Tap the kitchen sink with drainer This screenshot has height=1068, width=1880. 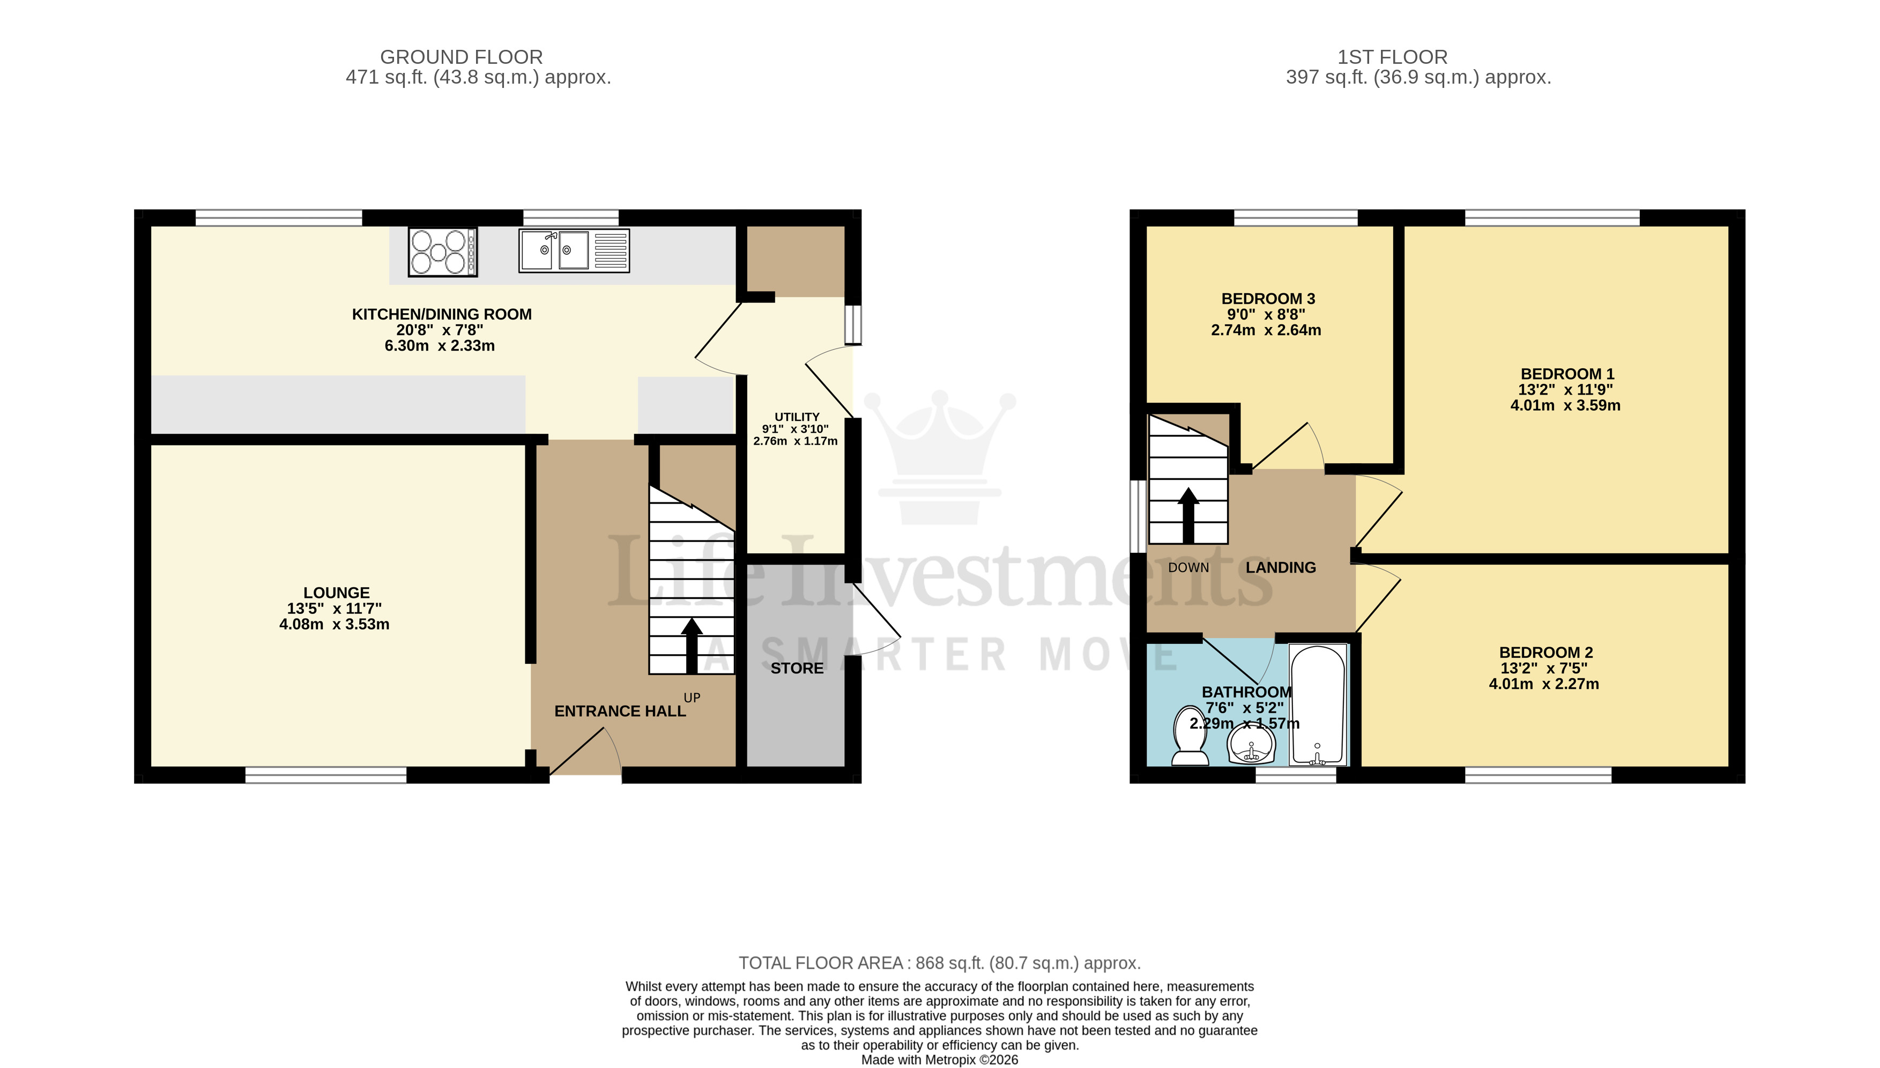coord(574,251)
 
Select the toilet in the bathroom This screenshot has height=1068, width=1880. coord(1191,736)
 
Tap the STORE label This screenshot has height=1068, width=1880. coord(797,668)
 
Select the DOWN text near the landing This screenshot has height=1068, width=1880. coord(1188,568)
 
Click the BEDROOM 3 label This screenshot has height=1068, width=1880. coord(1268,299)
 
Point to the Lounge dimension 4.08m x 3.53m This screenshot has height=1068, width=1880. coord(335,624)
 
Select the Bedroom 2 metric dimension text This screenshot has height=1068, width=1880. coord(1543,684)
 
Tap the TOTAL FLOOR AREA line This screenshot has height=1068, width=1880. coord(939,963)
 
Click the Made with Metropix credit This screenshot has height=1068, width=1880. coord(939,1060)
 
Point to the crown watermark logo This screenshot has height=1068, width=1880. coord(939,455)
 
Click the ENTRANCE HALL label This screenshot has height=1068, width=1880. coord(620,711)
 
